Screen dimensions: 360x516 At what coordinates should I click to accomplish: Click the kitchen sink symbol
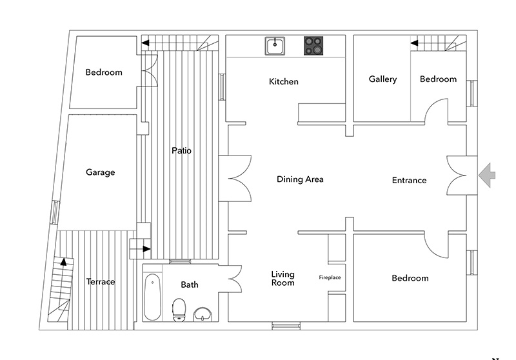click(x=276, y=46)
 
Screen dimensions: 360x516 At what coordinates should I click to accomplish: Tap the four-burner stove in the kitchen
click(x=314, y=46)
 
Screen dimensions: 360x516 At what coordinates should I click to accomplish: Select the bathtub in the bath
click(x=152, y=297)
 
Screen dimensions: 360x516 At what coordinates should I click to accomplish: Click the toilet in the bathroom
click(x=179, y=310)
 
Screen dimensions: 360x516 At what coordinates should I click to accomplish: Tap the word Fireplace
click(x=330, y=277)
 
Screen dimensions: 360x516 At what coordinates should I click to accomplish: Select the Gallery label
click(x=382, y=79)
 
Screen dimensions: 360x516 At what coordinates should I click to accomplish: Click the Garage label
click(x=100, y=172)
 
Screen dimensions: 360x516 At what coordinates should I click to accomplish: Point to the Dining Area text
click(x=300, y=179)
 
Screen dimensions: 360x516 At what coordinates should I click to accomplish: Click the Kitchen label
click(x=284, y=82)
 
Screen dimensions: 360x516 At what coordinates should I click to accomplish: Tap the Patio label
click(x=181, y=150)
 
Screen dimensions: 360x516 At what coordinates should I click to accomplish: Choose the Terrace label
click(x=101, y=282)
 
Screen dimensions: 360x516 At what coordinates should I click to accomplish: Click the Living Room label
click(x=283, y=278)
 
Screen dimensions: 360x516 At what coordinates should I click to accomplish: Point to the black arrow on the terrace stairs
click(x=63, y=262)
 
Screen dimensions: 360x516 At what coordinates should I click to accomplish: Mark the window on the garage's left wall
click(x=56, y=212)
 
